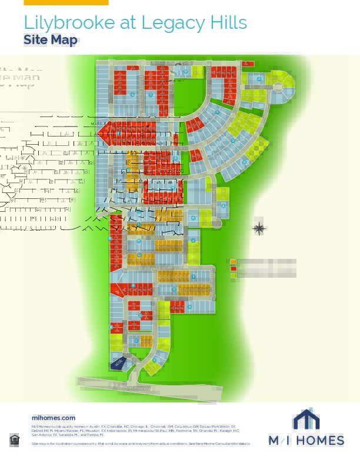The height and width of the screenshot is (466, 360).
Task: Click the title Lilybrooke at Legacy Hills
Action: (135, 23)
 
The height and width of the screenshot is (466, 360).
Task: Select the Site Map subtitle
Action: (51, 40)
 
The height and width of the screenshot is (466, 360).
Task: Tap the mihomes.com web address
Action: (53, 417)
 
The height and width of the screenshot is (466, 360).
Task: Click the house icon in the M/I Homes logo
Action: (306, 420)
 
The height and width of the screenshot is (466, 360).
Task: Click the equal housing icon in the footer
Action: (14, 440)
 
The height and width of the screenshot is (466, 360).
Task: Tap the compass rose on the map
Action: (259, 228)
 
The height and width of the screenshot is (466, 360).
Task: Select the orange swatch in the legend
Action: (234, 261)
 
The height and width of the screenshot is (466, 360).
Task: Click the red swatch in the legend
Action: (234, 268)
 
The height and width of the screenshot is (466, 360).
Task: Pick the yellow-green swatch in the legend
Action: (234, 275)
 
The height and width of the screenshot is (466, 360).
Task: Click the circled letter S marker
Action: (133, 95)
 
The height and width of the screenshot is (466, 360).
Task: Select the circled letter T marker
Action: (151, 95)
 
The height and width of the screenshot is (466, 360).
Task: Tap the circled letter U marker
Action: (186, 72)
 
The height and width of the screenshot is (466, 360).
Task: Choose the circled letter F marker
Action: (194, 277)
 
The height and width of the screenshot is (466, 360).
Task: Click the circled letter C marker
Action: (136, 341)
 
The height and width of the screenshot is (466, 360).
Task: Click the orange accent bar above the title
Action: (66, 2)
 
